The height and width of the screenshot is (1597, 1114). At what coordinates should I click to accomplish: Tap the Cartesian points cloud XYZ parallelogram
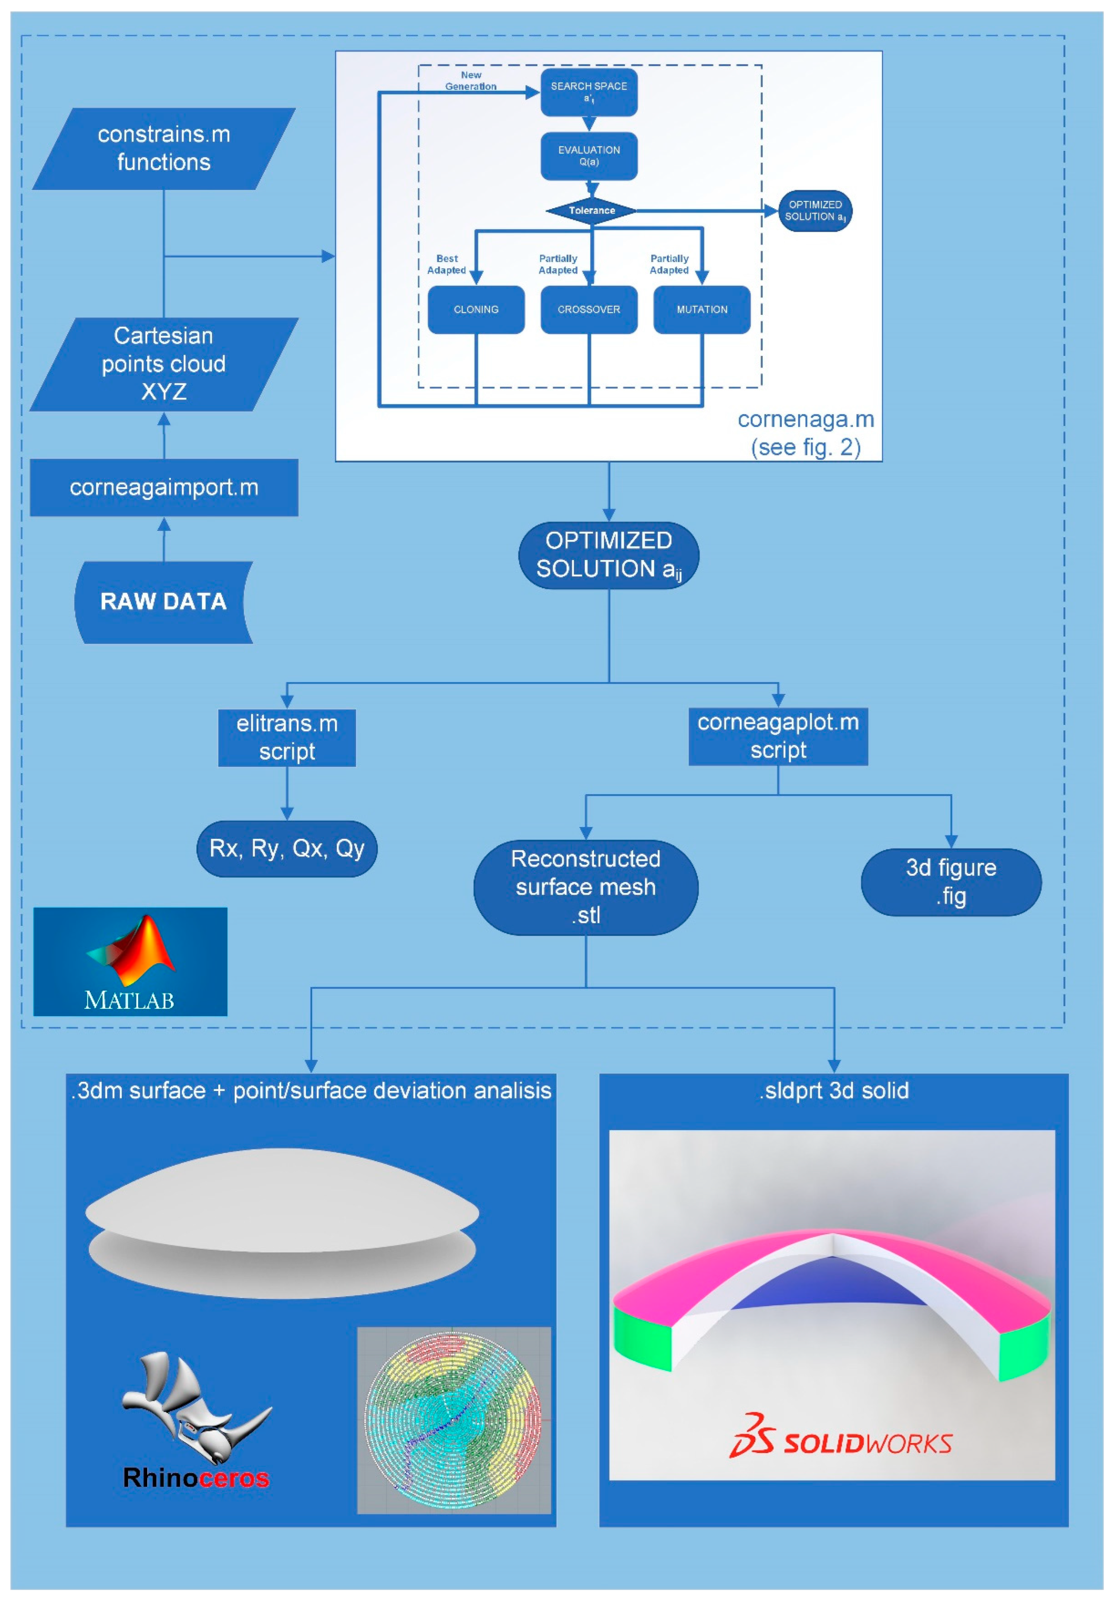pyautogui.click(x=164, y=364)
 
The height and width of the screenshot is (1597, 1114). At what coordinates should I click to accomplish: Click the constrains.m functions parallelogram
pyautogui.click(x=164, y=148)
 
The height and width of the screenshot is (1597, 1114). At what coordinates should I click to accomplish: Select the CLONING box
pyautogui.click(x=476, y=310)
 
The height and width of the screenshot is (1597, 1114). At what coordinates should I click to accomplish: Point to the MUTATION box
pyautogui.click(x=702, y=310)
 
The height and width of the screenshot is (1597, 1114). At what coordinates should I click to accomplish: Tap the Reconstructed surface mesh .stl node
pyautogui.click(x=586, y=887)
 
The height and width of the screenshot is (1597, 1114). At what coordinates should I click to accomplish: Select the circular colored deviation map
pyautogui.click(x=453, y=1419)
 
